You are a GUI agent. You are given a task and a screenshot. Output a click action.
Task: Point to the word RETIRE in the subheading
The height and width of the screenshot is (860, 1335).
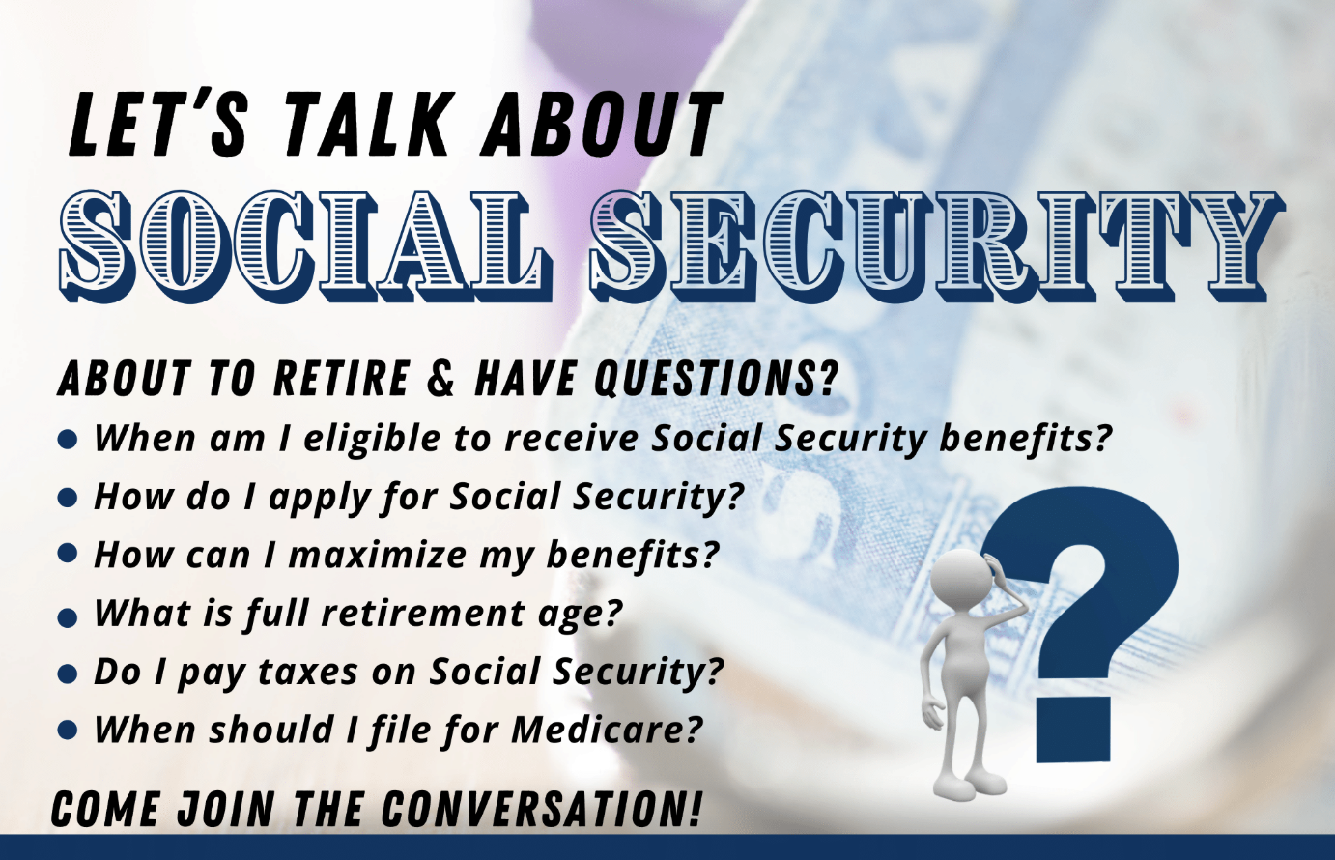coord(341,379)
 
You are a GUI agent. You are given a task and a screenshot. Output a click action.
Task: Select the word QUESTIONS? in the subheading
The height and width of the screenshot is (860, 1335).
coord(715,380)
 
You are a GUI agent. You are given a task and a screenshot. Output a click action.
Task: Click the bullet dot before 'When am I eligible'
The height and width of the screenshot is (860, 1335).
coord(69,440)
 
